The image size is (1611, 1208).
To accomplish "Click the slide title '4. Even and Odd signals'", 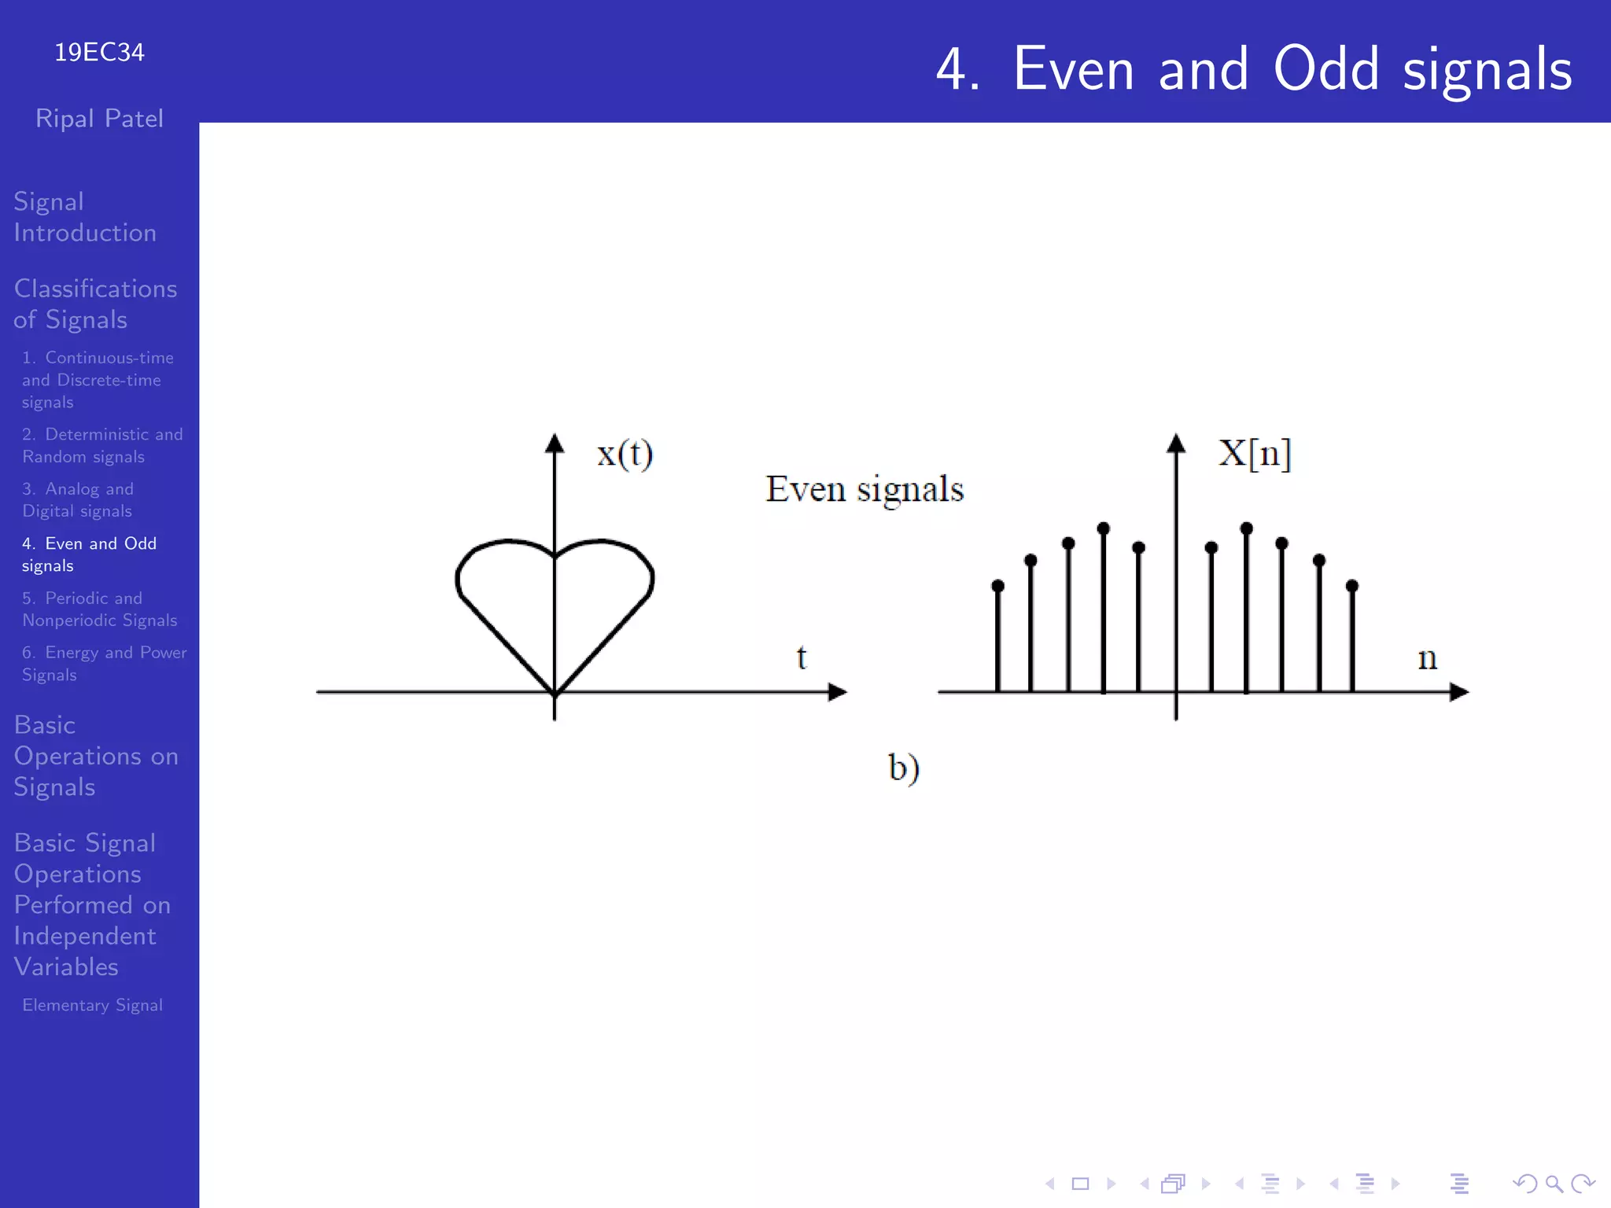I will coord(1254,69).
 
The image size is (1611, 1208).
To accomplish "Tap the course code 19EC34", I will coord(99,52).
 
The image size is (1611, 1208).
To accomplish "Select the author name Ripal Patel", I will coord(99,119).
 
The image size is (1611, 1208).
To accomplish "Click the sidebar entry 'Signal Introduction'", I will coord(84,217).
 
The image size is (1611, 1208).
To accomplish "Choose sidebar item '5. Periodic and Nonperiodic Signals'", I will coord(99,609).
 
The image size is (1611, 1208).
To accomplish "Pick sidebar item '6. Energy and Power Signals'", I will coord(103,663).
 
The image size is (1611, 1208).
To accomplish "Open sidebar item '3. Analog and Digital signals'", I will coord(77,499).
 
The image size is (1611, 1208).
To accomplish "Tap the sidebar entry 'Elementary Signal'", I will coord(92,1005).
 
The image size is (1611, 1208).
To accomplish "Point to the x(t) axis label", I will coord(625,454).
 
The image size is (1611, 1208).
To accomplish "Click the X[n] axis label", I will coord(1255,453).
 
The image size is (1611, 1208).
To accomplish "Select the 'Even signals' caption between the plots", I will coord(864,489).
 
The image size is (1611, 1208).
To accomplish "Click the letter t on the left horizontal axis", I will coord(801,657).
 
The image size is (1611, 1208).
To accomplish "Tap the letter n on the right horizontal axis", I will coord(1427,659).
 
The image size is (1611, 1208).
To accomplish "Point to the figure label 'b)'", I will coord(904,768).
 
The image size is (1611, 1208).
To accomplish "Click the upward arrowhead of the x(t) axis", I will coord(555,444).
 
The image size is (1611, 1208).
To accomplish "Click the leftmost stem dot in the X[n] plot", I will coord(997,586).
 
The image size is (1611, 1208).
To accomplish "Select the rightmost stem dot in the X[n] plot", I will coord(1352,586).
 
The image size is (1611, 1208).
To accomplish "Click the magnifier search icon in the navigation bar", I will coord(1554,1184).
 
